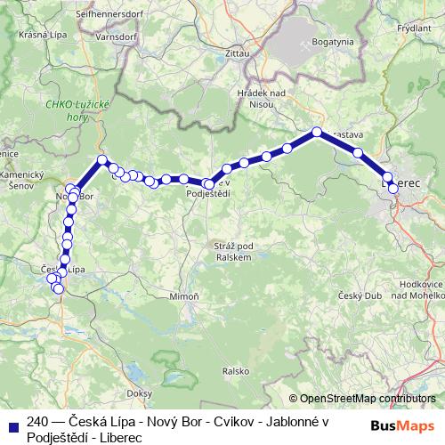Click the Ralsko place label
(234, 370)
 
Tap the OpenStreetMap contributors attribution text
(368, 399)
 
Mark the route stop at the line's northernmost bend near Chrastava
(317, 133)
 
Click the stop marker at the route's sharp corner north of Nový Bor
(102, 160)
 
